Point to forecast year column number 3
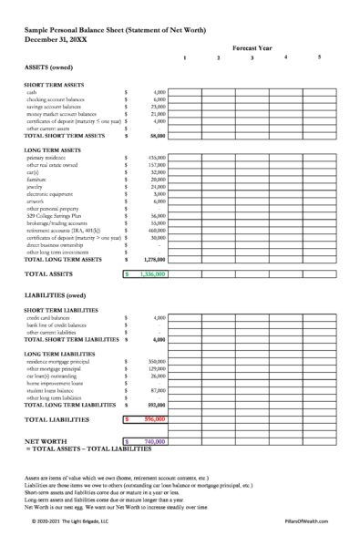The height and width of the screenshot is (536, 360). tap(252, 58)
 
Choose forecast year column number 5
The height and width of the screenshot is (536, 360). tap(319, 58)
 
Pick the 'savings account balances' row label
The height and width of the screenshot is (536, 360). tap(55, 107)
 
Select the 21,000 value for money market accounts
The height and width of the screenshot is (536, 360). tap(156, 114)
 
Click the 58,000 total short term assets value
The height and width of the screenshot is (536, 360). tap(156, 135)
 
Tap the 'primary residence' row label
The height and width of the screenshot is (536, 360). tap(45, 158)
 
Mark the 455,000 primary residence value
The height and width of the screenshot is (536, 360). tap(154, 158)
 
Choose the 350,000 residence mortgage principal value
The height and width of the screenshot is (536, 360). tap(154, 362)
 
